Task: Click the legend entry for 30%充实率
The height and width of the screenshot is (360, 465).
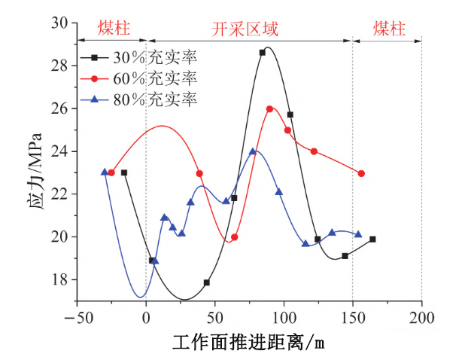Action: pyautogui.click(x=143, y=57)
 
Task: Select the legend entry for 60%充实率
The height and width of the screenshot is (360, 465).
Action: pyautogui.click(x=143, y=78)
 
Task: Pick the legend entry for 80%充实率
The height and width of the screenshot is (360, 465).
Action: pyautogui.click(x=143, y=99)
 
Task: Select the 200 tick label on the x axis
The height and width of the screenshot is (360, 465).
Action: pyautogui.click(x=421, y=317)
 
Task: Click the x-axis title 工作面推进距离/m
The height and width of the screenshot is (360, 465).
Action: pyautogui.click(x=249, y=343)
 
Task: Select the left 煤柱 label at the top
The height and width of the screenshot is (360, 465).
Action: pyautogui.click(x=114, y=30)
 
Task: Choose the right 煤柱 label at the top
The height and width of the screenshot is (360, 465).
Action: pyautogui.click(x=389, y=30)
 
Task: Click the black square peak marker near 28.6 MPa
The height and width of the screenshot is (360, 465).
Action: pyautogui.click(x=263, y=53)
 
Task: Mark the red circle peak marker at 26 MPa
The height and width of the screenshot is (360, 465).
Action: pyautogui.click(x=269, y=109)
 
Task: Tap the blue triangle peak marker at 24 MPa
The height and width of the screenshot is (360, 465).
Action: pyautogui.click(x=254, y=152)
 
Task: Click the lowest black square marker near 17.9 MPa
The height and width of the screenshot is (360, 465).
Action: pyautogui.click(x=207, y=282)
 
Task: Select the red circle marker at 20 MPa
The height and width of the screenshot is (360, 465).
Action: pyautogui.click(x=235, y=237)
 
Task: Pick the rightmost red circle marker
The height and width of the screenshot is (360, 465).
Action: pyautogui.click(x=361, y=173)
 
